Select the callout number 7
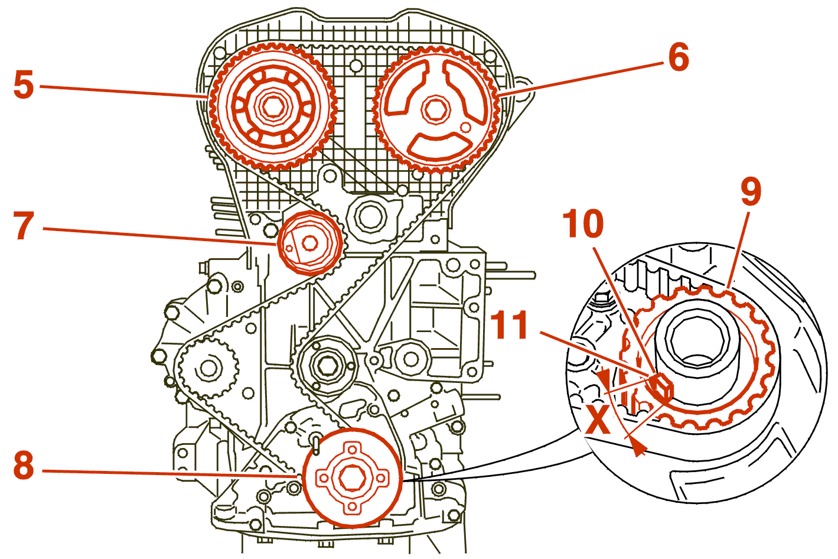click(24, 226)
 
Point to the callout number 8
click(24, 466)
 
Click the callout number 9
click(751, 192)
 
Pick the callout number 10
click(583, 224)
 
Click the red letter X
click(599, 421)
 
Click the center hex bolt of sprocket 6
click(434, 110)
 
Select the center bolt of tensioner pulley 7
click(309, 242)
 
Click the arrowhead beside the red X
click(637, 448)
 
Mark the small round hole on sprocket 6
click(465, 126)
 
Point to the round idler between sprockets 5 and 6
click(368, 216)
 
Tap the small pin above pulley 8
click(316, 443)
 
